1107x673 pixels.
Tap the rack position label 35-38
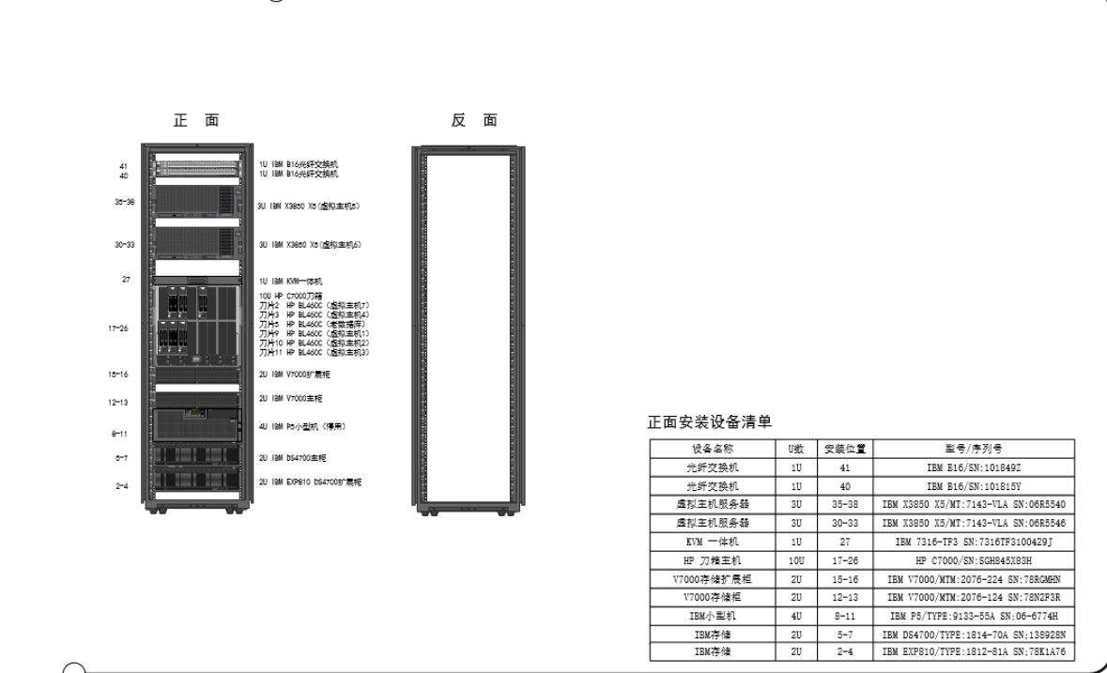tap(124, 202)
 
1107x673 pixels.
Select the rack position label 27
tap(124, 280)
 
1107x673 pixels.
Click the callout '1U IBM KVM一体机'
tap(291, 281)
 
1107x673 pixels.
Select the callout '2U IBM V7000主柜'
tap(291, 399)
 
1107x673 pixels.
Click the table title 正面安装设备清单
tap(711, 421)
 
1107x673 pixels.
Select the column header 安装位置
tap(844, 449)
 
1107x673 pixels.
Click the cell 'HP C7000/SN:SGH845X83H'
tap(974, 560)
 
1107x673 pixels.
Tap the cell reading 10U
tap(796, 560)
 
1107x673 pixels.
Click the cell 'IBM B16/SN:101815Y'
tap(974, 486)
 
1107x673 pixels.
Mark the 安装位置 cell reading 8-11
tap(844, 616)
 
